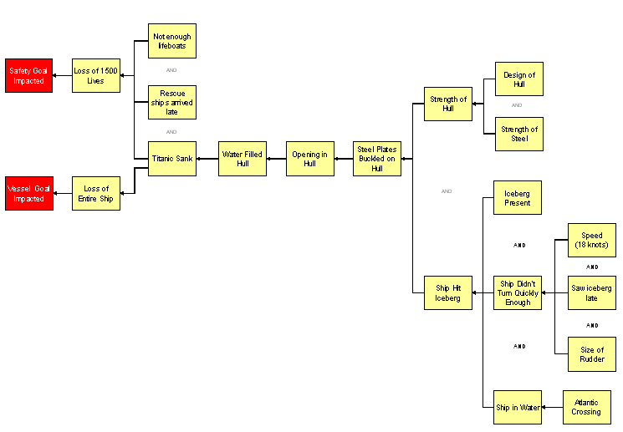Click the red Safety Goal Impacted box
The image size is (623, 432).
29,76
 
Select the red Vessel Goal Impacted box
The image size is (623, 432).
29,194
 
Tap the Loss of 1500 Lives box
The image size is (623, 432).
95,76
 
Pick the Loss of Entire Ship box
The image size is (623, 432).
95,194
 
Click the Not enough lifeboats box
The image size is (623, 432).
172,41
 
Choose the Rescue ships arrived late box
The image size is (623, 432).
172,102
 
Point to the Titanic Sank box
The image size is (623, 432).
172,159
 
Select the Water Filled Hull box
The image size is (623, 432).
243,159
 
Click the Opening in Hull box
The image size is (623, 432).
310,159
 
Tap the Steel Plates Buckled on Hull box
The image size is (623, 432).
376,159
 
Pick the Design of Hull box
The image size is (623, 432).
519,79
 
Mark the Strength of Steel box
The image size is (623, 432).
519,134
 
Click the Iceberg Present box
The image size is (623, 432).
517,198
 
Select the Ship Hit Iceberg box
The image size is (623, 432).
448,292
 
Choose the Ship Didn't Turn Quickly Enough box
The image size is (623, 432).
517,292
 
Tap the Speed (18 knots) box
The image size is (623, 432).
592,240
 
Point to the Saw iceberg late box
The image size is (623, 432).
592,292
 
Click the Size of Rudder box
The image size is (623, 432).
592,354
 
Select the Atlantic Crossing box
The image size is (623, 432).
586,407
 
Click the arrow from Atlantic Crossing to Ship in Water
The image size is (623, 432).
552,407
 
